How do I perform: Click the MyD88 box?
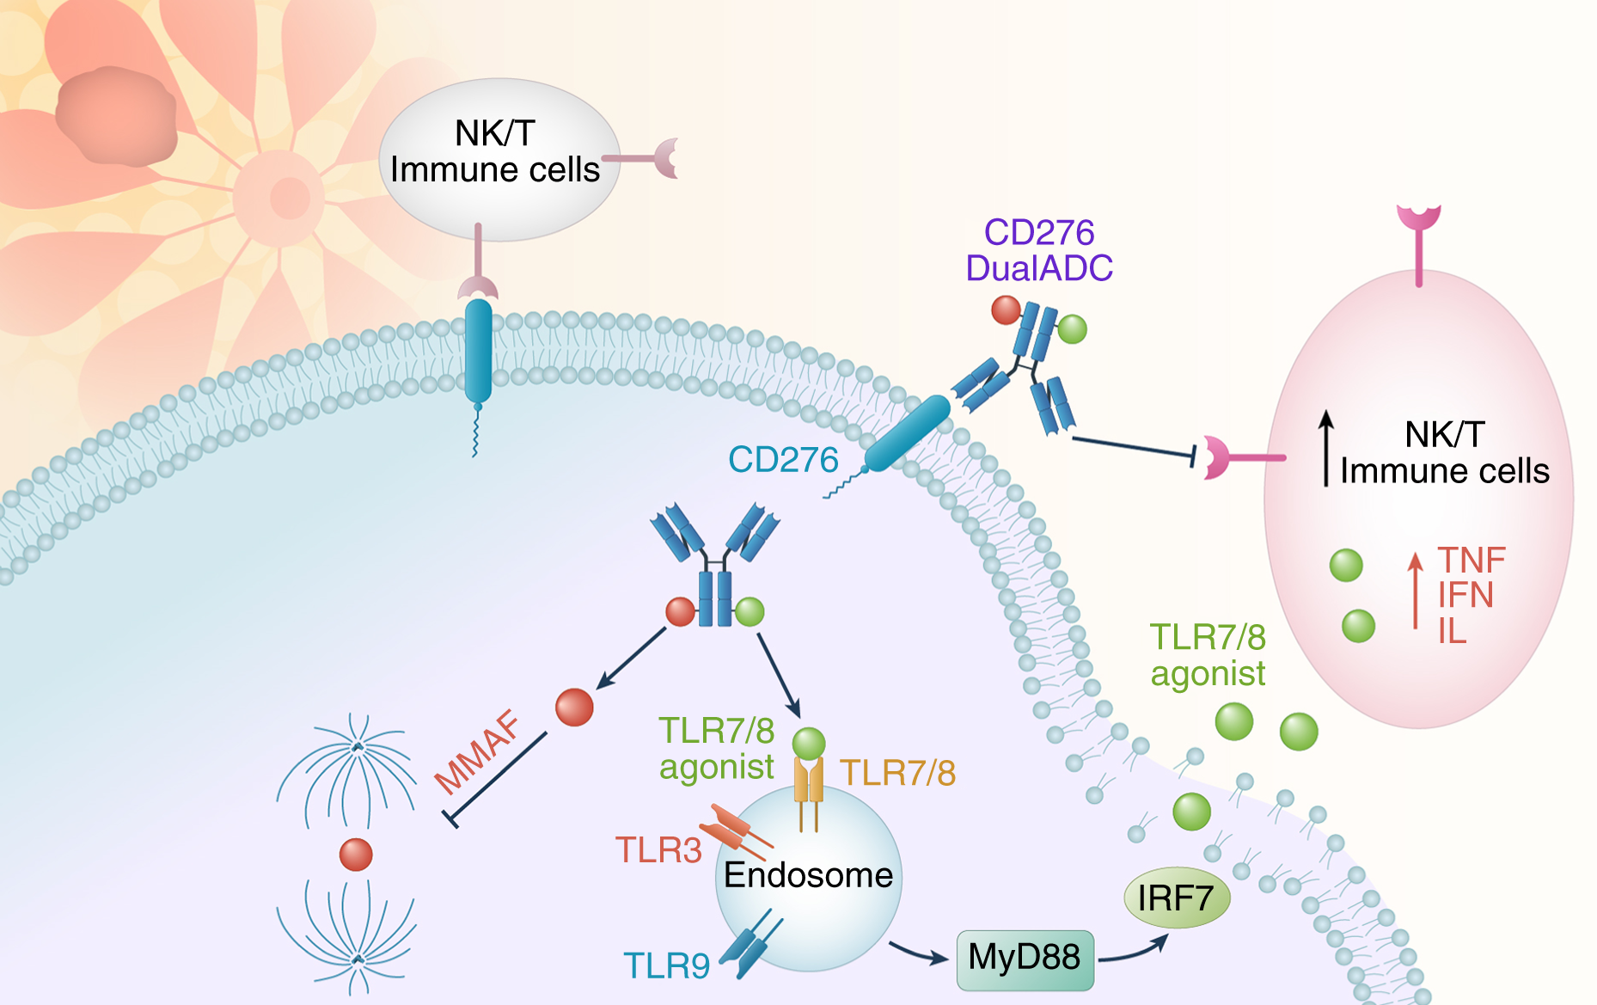[x=1025, y=959]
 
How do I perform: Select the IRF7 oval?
[x=1177, y=898]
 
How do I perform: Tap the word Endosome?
[x=808, y=875]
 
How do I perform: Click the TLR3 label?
[x=658, y=850]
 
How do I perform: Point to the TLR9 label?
[x=666, y=966]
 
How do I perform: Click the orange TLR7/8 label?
[x=897, y=773]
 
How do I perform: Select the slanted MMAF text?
[x=478, y=752]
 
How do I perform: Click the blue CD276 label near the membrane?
[x=783, y=460]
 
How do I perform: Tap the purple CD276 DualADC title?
[x=1039, y=250]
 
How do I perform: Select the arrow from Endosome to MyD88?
[x=917, y=953]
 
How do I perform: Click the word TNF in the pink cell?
[x=1472, y=561]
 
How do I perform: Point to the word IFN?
[x=1465, y=595]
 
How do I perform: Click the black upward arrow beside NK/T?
[x=1326, y=447]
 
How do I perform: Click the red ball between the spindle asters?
[x=356, y=855]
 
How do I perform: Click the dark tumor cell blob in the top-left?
[x=116, y=116]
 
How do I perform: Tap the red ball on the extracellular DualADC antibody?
[x=1006, y=309]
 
